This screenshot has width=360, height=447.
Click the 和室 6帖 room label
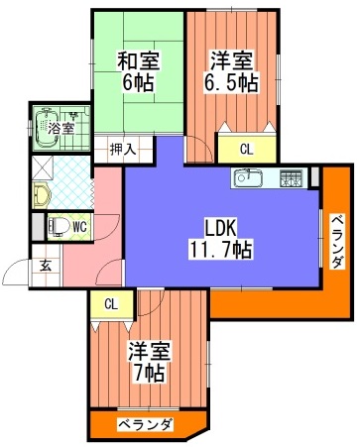[x=139, y=71]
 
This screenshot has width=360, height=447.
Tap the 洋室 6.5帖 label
[x=232, y=71]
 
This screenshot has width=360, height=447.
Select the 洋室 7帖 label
[x=150, y=362]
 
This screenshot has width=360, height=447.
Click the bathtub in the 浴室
[x=47, y=129]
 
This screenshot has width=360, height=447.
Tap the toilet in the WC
[x=59, y=227]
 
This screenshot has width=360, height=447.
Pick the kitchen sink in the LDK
[x=248, y=178]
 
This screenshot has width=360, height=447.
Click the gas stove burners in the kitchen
[x=291, y=178]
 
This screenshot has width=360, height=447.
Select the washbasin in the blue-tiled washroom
[x=42, y=196]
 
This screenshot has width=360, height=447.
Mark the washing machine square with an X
[x=43, y=168]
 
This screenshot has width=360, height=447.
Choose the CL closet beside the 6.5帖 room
[x=247, y=149]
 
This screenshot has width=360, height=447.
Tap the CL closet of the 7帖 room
[x=111, y=304]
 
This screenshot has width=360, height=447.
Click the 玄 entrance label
[x=47, y=267]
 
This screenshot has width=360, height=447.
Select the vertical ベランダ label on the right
[x=337, y=241]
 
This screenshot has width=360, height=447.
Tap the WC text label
[x=79, y=227]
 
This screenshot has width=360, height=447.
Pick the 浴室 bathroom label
[x=60, y=128]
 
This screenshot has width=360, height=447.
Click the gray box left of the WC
[x=38, y=227]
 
